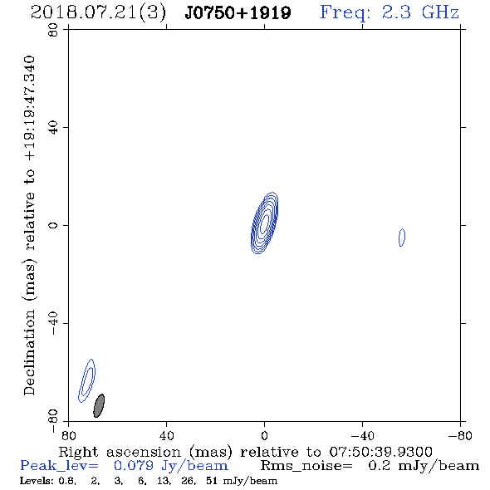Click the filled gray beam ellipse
pos(99,405)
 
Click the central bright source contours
pos(265,223)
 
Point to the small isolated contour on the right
pos(402,238)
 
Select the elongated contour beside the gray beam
pos(86,380)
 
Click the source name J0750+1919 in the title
pos(238,13)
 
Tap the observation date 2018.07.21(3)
pos(98,13)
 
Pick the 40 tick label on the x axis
pos(166,435)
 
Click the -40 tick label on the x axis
pos(362,435)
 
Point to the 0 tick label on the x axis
pos(264,435)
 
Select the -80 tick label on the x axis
pos(460,435)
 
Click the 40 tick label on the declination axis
pos(53,128)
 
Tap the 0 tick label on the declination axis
pos(53,225)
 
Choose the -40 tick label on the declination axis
pos(53,323)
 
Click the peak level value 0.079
pos(134,466)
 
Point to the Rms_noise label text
pos(306,466)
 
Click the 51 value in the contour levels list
pos(212,481)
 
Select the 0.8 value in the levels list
pos(67,481)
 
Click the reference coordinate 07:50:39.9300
pos(380,452)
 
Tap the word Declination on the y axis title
pos(29,353)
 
